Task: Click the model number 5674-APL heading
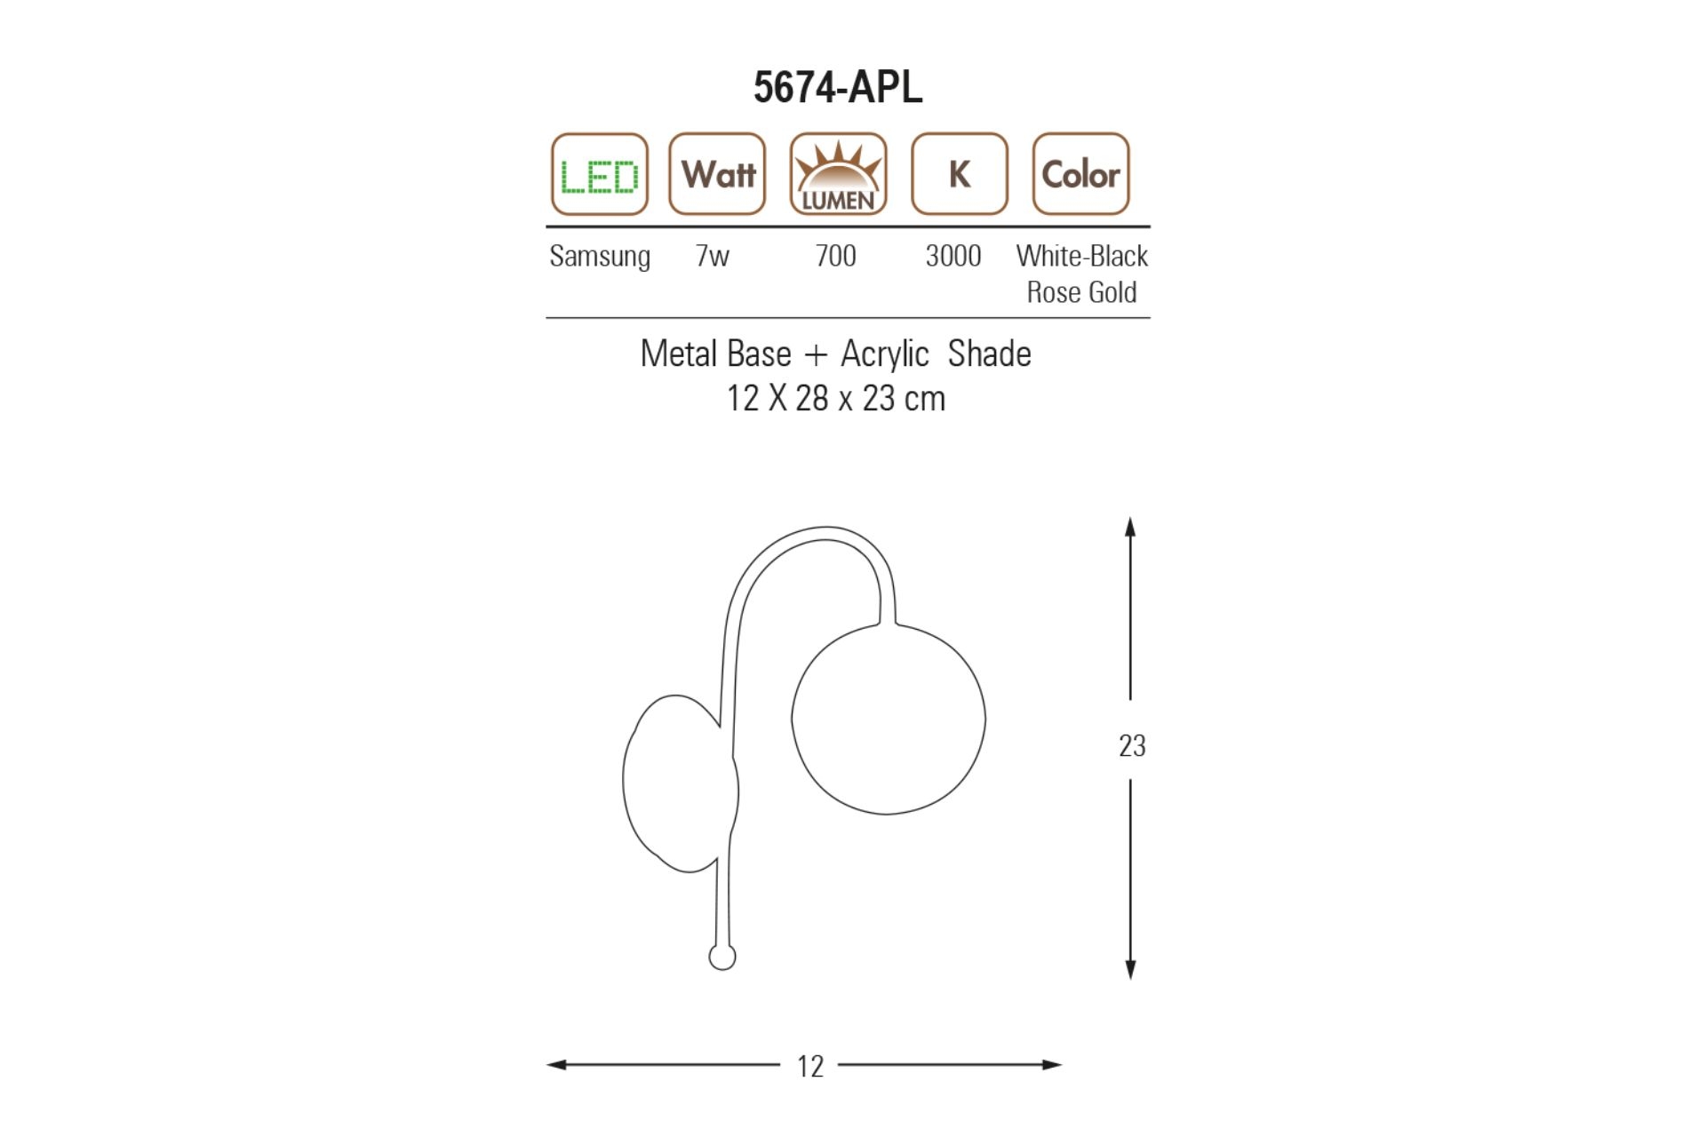click(x=838, y=87)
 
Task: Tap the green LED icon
click(x=600, y=174)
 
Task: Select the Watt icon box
click(x=717, y=174)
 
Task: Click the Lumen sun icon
click(x=838, y=174)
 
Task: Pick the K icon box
click(x=960, y=174)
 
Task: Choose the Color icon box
click(x=1080, y=174)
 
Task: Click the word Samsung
click(x=600, y=257)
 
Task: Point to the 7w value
click(x=713, y=256)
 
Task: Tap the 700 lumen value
click(x=836, y=256)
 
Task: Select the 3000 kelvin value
click(x=953, y=256)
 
